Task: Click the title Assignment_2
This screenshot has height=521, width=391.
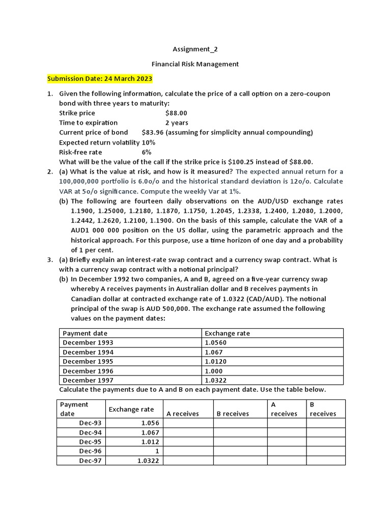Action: (195, 49)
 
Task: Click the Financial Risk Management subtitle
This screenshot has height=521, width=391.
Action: (195, 64)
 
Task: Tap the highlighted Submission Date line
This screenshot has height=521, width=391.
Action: (100, 79)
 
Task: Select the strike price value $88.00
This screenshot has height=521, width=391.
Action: (176, 113)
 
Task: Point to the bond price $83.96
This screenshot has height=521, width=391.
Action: (152, 132)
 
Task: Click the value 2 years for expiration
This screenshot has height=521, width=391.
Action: (176, 123)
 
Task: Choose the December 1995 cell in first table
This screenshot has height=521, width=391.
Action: (88, 361)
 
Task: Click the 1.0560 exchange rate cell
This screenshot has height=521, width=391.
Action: (215, 342)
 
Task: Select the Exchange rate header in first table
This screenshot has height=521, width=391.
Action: (227, 333)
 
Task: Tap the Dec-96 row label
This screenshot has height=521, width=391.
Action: (90, 451)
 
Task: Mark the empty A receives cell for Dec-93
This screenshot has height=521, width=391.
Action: (187, 423)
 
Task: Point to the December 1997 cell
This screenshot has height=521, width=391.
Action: (88, 380)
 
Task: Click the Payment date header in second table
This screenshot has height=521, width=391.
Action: (74, 409)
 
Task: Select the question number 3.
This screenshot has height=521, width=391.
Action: (50, 259)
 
